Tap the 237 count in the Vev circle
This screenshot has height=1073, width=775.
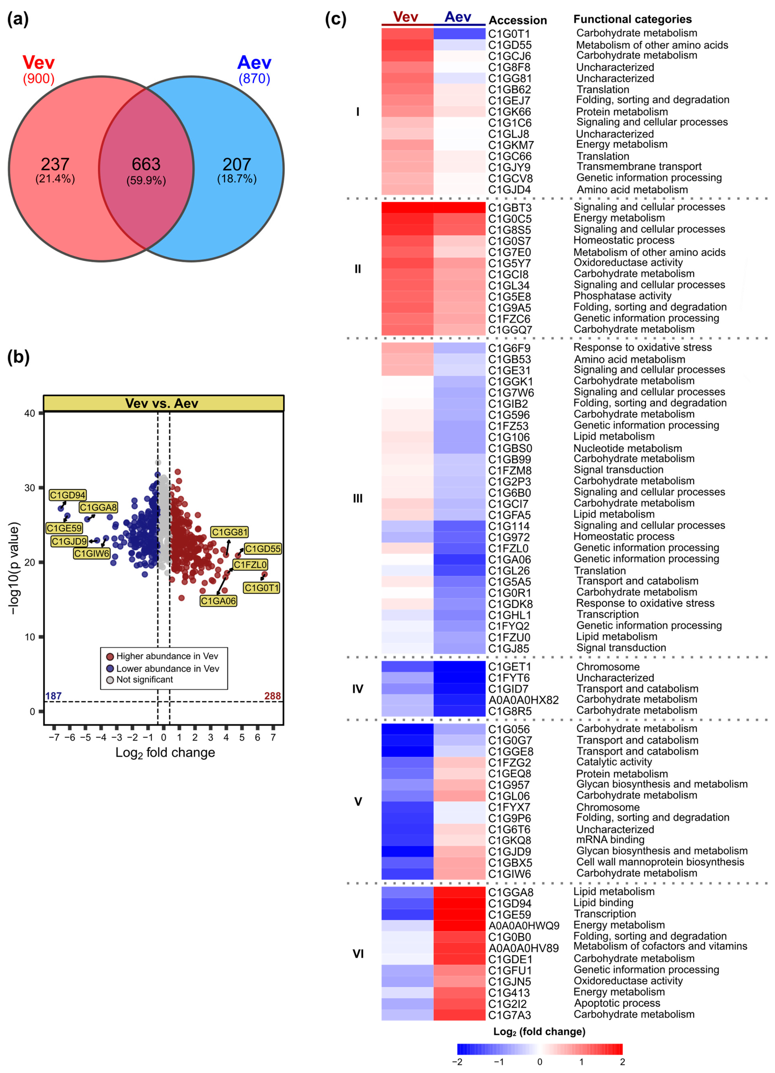55,164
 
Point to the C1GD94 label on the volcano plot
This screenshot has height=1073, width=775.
68,495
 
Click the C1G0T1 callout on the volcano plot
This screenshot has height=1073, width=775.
262,588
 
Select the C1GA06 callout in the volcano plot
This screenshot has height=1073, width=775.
218,601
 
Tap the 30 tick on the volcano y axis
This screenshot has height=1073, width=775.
30,488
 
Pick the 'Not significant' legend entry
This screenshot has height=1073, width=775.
144,679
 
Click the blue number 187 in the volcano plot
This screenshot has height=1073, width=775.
54,696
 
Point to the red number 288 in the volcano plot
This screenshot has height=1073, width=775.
272,696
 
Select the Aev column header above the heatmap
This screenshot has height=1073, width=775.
458,17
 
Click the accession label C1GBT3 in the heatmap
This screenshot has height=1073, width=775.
509,208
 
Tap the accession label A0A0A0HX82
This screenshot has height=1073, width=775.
523,700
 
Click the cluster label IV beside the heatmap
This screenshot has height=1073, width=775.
358,689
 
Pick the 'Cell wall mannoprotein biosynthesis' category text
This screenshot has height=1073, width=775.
660,862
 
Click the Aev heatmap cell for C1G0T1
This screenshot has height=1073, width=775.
459,34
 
